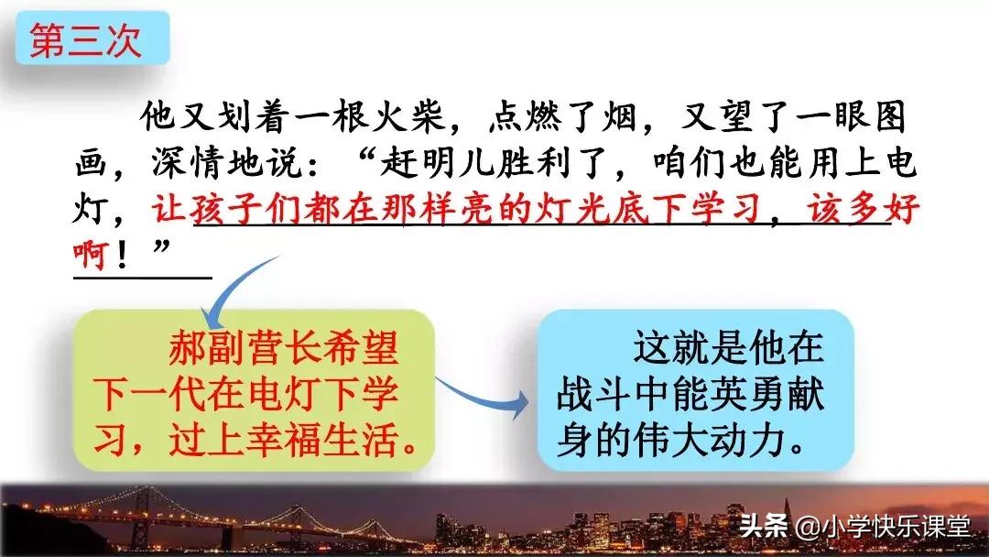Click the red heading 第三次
click(85, 41)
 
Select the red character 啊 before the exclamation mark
click(91, 254)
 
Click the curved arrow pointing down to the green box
click(231, 287)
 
